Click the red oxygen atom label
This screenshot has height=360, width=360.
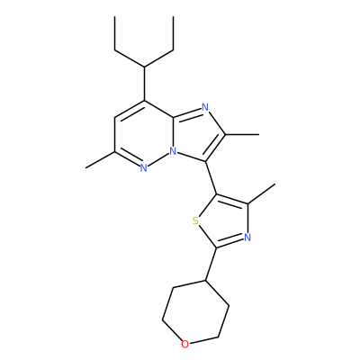(x=185, y=345)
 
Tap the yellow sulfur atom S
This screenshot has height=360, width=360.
(x=195, y=221)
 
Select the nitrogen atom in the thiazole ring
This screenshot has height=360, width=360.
(x=247, y=238)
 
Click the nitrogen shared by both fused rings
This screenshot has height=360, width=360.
(x=173, y=151)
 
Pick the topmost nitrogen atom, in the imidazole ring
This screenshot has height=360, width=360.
(x=205, y=107)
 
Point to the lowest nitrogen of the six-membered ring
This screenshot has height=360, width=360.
(x=144, y=168)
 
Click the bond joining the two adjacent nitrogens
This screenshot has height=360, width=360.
(x=158, y=160)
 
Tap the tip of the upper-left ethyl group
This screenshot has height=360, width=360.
(x=115, y=16)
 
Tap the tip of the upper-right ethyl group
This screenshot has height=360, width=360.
(x=174, y=16)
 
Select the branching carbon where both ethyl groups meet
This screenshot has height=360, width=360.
(x=144, y=67)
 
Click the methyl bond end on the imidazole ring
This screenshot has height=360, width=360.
(x=258, y=135)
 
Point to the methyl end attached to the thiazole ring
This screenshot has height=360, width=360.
(x=274, y=184)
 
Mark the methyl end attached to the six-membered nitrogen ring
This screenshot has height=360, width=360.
(x=85, y=167)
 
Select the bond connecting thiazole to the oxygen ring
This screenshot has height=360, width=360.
(x=211, y=264)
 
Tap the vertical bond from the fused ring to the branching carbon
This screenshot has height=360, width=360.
(x=144, y=84)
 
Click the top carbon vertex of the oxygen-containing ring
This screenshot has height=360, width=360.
(x=206, y=281)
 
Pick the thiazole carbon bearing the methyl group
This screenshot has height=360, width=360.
(x=247, y=204)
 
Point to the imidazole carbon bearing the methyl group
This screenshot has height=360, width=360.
(x=225, y=134)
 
